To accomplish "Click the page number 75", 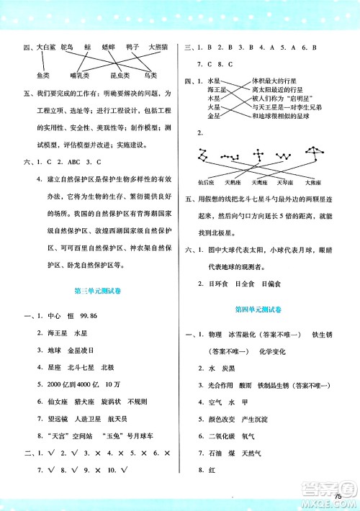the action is coord(338,497).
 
